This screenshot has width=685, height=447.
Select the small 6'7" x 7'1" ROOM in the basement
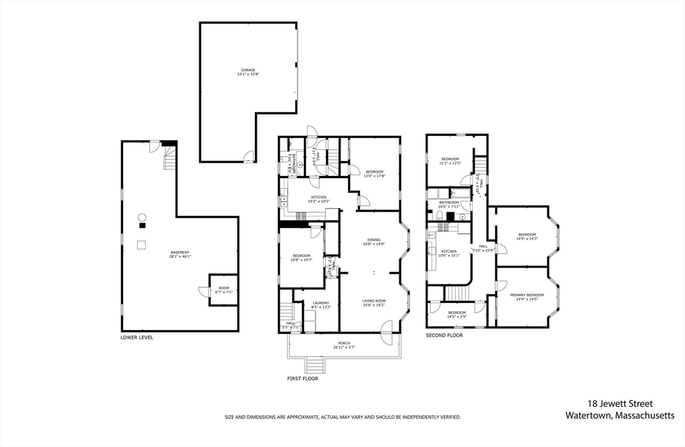223,291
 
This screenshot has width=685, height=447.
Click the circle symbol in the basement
142,217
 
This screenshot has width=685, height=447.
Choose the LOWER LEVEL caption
136,337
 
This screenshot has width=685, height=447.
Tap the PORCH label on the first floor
344,345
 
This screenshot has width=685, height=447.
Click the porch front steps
314,365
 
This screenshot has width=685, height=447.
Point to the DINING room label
373,242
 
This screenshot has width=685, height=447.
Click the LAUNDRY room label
320,304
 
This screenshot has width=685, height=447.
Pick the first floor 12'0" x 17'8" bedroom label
374,173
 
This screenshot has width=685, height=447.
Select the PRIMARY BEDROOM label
526,296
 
